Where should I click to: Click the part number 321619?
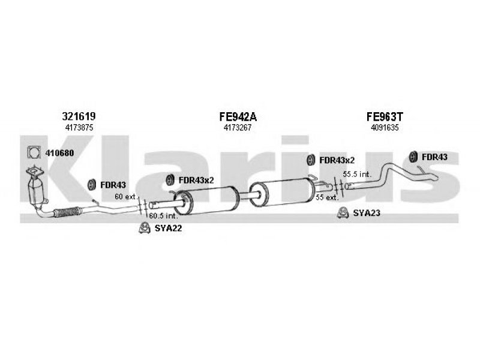pyautogui.click(x=79, y=116)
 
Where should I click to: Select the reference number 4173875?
pyautogui.click(x=79, y=128)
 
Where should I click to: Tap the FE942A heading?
pyautogui.click(x=238, y=116)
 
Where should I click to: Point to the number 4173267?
pyautogui.click(x=238, y=128)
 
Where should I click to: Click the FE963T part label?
pyautogui.click(x=385, y=116)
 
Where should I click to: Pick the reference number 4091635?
pyautogui.click(x=385, y=128)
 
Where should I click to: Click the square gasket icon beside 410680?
pyautogui.click(x=34, y=152)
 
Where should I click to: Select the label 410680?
pyautogui.click(x=59, y=153)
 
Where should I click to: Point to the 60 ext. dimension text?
pyautogui.click(x=126, y=197)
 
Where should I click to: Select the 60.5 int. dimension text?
pyautogui.click(x=163, y=215)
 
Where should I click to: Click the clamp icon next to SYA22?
pyautogui.click(x=143, y=228)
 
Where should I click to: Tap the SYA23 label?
pyautogui.click(x=367, y=213)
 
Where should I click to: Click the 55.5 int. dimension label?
pyautogui.click(x=357, y=174)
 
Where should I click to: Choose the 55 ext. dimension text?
pyautogui.click(x=327, y=197)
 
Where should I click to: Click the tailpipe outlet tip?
pyautogui.click(x=436, y=177)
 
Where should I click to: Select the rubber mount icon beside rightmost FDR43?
pyautogui.click(x=413, y=157)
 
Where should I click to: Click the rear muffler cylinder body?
pyautogui.click(x=283, y=192)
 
